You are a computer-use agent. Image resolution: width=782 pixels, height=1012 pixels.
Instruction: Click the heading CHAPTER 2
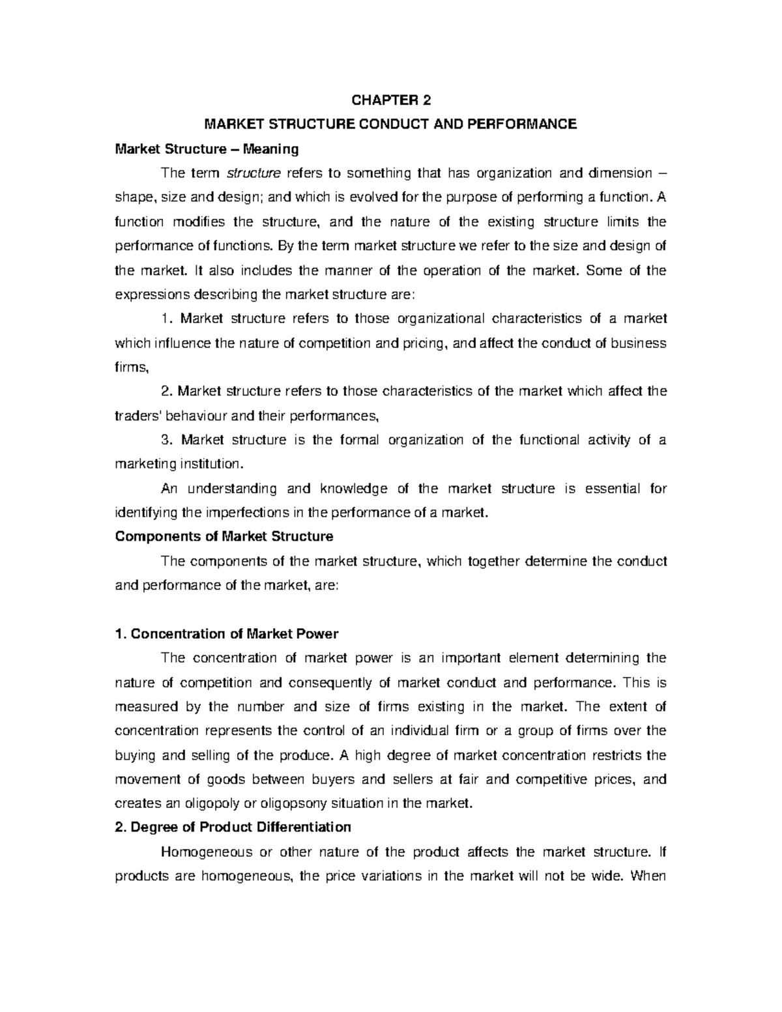[391, 100]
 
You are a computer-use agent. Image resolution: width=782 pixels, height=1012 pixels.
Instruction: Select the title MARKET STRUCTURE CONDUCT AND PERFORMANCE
[391, 124]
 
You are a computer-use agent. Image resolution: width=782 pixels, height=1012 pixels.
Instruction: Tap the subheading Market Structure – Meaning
[207, 149]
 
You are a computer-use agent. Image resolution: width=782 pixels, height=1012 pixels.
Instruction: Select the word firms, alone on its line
[132, 368]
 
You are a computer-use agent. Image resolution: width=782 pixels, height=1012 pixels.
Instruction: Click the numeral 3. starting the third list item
[167, 440]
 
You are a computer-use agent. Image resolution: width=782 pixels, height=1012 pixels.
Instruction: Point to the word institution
[212, 464]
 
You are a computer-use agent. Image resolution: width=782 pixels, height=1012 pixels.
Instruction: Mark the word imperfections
[240, 513]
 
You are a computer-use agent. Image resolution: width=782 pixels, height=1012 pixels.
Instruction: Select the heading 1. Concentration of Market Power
[227, 633]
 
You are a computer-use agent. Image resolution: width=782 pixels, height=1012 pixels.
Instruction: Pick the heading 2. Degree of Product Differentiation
[233, 828]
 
